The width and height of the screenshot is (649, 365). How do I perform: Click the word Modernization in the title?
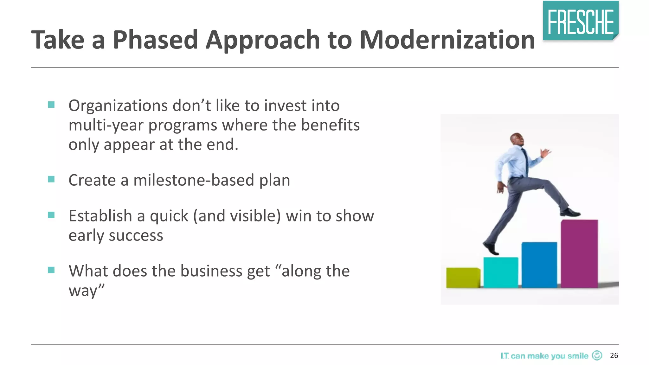(447, 40)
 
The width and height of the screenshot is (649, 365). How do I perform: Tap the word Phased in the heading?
(155, 40)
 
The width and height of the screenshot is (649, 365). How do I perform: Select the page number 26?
(614, 355)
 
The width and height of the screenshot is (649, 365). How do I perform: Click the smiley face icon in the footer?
(597, 355)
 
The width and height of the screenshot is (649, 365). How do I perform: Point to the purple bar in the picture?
(579, 253)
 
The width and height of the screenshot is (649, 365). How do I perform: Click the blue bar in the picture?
(539, 265)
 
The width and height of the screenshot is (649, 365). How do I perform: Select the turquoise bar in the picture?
(501, 272)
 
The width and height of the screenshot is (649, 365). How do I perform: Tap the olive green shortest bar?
(463, 278)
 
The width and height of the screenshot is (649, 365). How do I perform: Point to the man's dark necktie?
(526, 162)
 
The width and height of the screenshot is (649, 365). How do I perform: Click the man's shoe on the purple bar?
(570, 212)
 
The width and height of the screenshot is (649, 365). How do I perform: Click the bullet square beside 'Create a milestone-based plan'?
(51, 179)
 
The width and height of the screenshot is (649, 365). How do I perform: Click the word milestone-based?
(194, 180)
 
